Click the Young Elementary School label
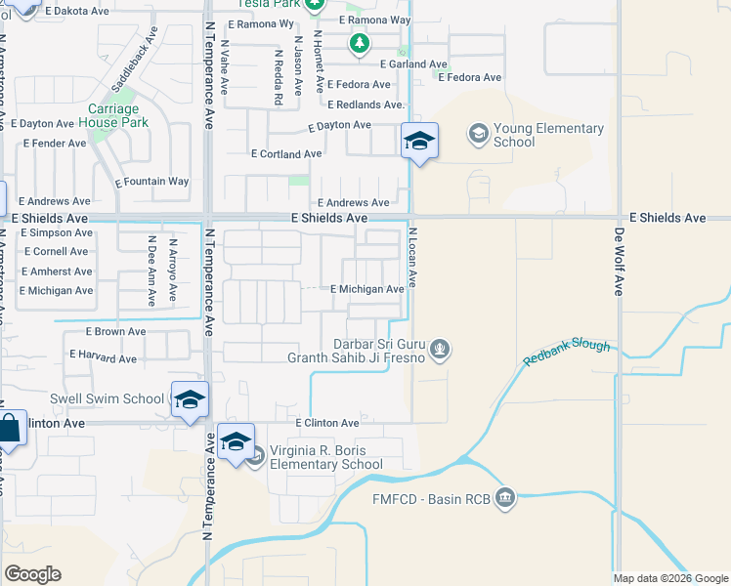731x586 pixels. pyautogui.click(x=548, y=135)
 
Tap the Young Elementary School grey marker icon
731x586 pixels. pyautogui.click(x=478, y=133)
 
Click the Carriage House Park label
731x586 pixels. pyautogui.click(x=115, y=115)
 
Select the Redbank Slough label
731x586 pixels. pyautogui.click(x=567, y=353)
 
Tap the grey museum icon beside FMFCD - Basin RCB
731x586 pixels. pyautogui.click(x=504, y=498)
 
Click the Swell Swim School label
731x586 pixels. pyautogui.click(x=107, y=398)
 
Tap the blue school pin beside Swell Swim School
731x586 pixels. pyautogui.click(x=190, y=399)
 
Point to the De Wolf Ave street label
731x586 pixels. pyautogui.click(x=619, y=262)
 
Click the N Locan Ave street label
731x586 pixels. pyautogui.click(x=412, y=257)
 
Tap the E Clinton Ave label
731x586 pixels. pyautogui.click(x=328, y=423)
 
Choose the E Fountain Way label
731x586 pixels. pyautogui.click(x=151, y=182)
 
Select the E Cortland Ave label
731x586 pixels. pyautogui.click(x=286, y=154)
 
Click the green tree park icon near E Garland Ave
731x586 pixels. pyautogui.click(x=360, y=43)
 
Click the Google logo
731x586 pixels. pyautogui.click(x=33, y=574)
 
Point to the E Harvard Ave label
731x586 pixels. pyautogui.click(x=103, y=359)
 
